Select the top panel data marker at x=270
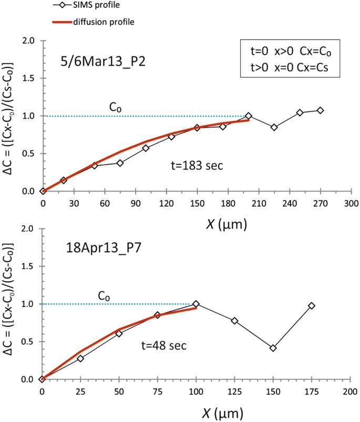click(321, 110)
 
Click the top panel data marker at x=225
click(274, 128)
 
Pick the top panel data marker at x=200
click(249, 116)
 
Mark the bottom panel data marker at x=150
click(273, 348)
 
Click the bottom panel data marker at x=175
click(312, 305)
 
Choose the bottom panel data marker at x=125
click(234, 321)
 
